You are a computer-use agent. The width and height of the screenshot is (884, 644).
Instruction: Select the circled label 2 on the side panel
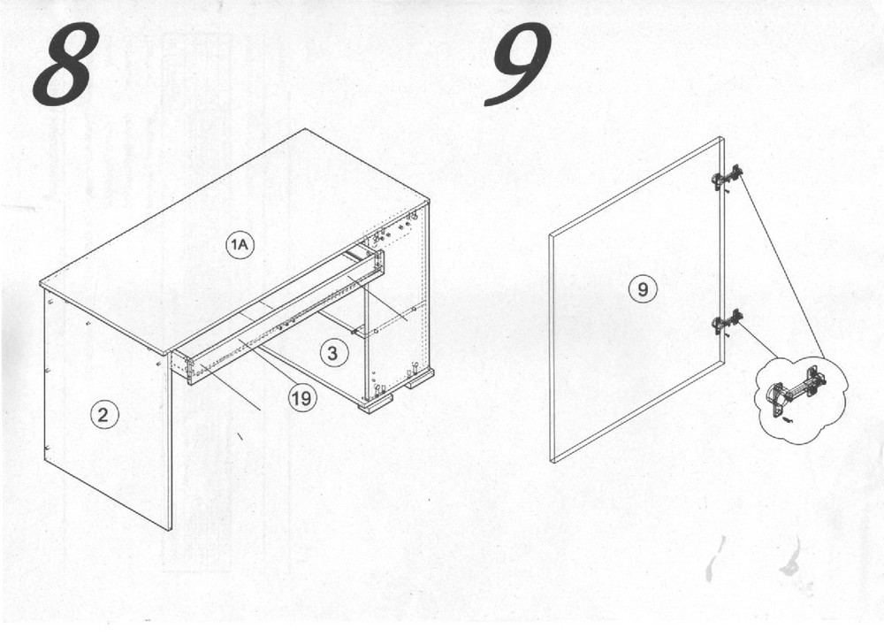tap(103, 416)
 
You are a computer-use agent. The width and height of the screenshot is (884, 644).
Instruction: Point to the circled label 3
tap(332, 353)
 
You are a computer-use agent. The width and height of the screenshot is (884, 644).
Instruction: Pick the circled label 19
tap(301, 398)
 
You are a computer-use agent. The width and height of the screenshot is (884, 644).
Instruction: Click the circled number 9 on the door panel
tap(643, 290)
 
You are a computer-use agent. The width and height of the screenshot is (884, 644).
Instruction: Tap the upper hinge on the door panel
tap(727, 177)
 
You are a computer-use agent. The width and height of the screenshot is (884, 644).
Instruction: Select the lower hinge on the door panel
tap(728, 322)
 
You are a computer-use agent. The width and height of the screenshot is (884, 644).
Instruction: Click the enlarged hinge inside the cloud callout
tap(796, 387)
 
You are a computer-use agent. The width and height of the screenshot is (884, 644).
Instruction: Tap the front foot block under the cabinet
tap(376, 403)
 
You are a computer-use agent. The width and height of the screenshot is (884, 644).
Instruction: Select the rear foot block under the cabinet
tap(420, 378)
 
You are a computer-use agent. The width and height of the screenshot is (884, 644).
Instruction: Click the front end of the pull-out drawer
tap(182, 365)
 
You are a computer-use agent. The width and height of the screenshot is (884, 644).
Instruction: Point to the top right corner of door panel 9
tap(721, 137)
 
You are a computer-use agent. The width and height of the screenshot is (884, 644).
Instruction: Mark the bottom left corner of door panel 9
tap(552, 462)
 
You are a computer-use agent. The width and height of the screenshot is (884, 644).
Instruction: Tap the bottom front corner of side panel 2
tap(171, 530)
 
